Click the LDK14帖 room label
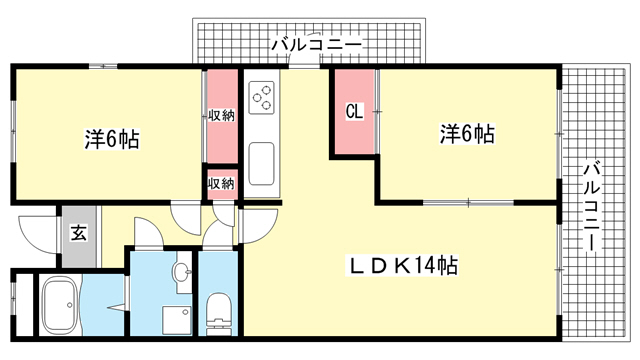pyautogui.click(x=402, y=266)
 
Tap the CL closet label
pyautogui.click(x=354, y=111)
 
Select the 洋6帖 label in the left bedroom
pyautogui.click(x=112, y=139)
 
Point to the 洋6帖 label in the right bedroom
pyautogui.click(x=467, y=133)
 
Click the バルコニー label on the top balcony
pyautogui.click(x=317, y=44)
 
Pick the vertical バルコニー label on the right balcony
pyautogui.click(x=592, y=207)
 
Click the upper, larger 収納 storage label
pyautogui.click(x=222, y=116)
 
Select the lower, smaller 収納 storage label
pyautogui.click(x=222, y=184)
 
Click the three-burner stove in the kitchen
pyautogui.click(x=261, y=97)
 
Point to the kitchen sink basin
pyautogui.click(x=261, y=163)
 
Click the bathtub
pyautogui.click(x=61, y=305)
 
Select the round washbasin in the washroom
pyautogui.click(x=182, y=271)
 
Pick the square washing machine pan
pyautogui.click(x=177, y=320)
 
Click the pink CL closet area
pyautogui.click(x=354, y=111)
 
